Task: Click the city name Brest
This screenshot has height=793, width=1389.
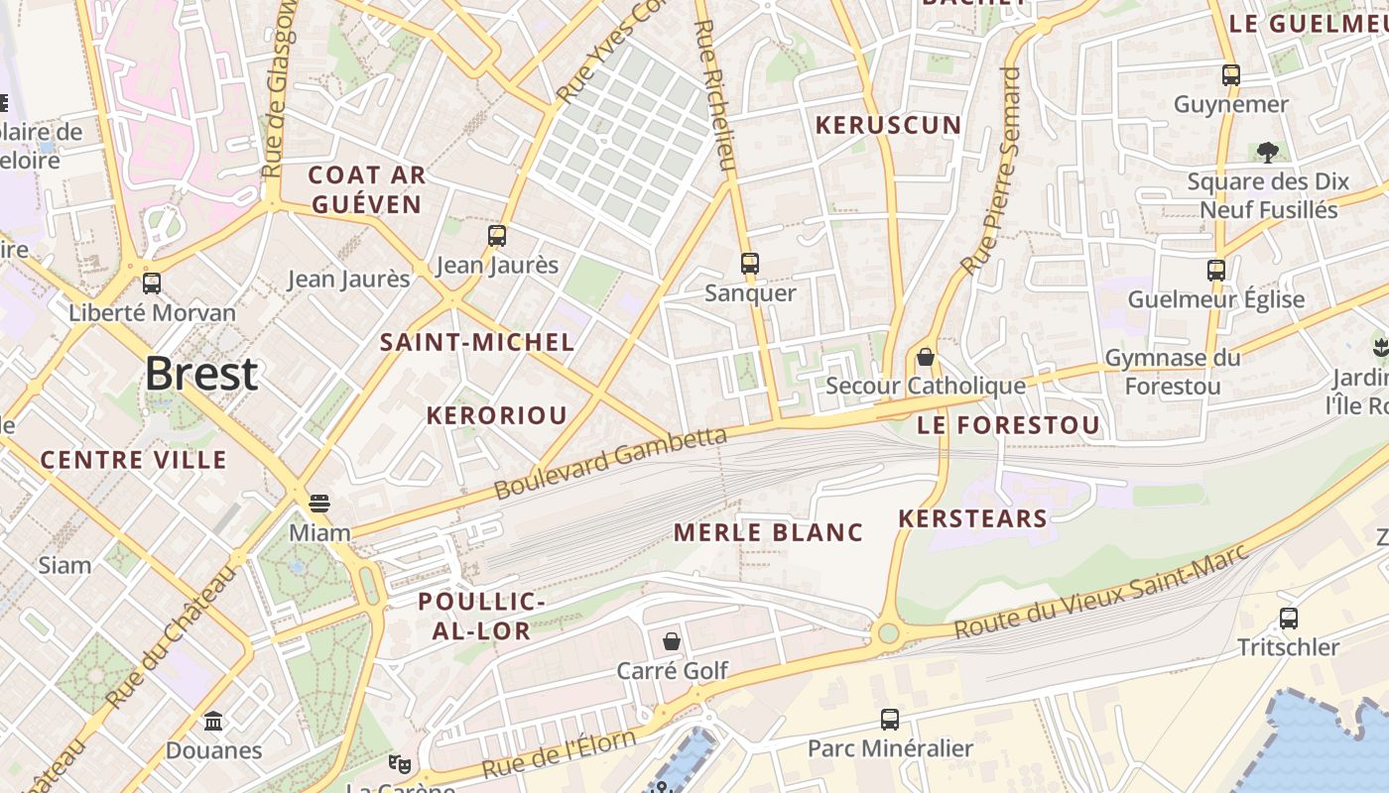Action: coord(201,374)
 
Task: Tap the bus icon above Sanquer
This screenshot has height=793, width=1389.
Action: coord(750,264)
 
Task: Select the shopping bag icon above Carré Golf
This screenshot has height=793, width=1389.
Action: coord(672,641)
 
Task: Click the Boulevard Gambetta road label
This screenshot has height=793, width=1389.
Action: coord(610,462)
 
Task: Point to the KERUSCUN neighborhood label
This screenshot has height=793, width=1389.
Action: coord(888,125)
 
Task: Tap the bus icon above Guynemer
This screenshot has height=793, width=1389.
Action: coord(1231,74)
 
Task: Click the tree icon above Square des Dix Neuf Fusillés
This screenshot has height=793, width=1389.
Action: coord(1267,152)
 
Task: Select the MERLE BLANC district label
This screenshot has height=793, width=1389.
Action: coord(769,532)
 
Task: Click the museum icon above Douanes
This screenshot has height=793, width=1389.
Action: coord(213,721)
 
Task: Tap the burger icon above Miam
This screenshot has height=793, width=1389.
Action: coord(319,504)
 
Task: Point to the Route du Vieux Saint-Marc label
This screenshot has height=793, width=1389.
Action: coord(1099,596)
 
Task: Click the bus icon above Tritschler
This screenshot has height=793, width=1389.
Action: coord(1289,619)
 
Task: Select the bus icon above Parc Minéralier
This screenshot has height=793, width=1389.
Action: coord(890,720)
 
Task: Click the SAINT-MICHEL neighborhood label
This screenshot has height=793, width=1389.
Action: coord(477,343)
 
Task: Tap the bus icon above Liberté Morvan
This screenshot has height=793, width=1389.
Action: coord(152,283)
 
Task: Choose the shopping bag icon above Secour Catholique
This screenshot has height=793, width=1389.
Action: coord(926,357)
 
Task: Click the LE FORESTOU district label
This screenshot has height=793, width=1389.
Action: coord(1008,426)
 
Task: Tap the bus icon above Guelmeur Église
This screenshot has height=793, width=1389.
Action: coord(1216,270)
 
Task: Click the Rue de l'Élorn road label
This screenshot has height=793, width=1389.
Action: coord(559,754)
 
